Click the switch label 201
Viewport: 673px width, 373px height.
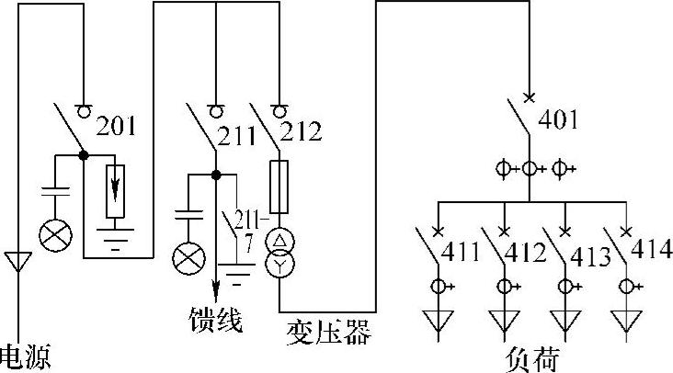pyautogui.click(x=118, y=125)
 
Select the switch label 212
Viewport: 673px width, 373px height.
pyautogui.click(x=302, y=131)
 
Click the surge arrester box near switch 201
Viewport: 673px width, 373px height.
pyautogui.click(x=115, y=191)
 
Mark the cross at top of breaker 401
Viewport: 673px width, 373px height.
pyautogui.click(x=528, y=96)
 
